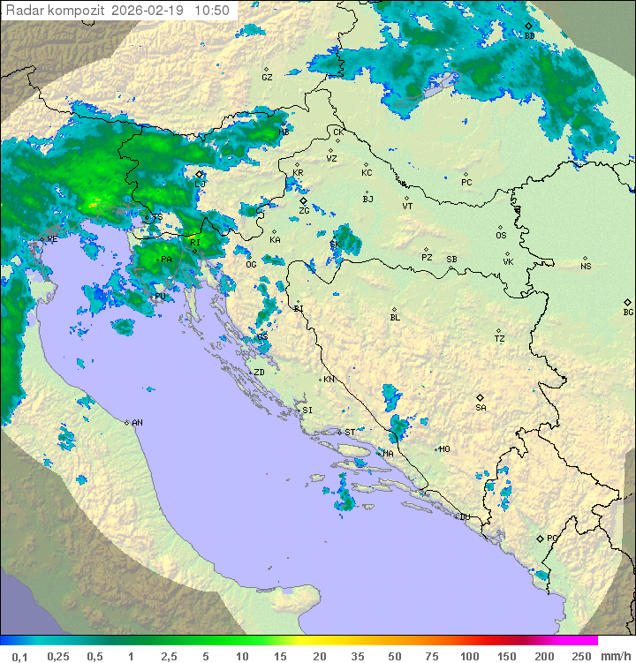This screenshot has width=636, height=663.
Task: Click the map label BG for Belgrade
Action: coord(629,312)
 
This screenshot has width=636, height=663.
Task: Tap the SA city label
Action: coord(481,408)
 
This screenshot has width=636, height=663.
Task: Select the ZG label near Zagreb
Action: coord(304,211)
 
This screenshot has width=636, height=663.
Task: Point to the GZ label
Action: coord(267,78)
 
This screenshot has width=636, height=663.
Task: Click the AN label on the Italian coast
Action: coord(137,423)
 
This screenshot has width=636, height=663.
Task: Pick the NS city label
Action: coord(586,267)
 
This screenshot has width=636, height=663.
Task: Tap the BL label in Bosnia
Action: coord(395,318)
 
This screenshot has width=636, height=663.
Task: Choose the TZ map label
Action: coord(500,339)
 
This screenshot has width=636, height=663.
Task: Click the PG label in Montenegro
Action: coord(552,538)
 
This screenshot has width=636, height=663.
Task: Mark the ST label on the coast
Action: coord(350,433)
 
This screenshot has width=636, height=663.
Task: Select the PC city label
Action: coord(466,183)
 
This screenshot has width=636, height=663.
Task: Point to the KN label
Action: coord(329,380)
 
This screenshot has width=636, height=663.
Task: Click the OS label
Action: coord(501,236)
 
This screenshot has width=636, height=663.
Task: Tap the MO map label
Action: coord(444,449)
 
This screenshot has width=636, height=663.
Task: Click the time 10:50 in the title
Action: coord(212,11)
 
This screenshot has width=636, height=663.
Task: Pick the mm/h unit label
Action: coord(616,656)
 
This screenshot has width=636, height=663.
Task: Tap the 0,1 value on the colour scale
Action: coord(19,656)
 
